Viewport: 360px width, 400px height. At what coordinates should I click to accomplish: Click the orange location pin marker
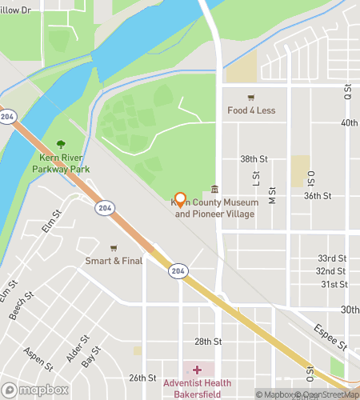pyautogui.click(x=180, y=200)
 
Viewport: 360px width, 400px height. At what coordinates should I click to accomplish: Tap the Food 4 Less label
pyautogui.click(x=251, y=110)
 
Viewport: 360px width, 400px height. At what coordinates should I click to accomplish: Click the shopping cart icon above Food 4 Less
pyautogui.click(x=251, y=97)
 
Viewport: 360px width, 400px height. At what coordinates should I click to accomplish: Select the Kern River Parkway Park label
pyautogui.click(x=61, y=163)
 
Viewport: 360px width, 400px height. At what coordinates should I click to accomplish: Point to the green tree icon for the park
pyautogui.click(x=61, y=145)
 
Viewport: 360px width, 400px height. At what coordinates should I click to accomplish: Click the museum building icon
pyautogui.click(x=214, y=190)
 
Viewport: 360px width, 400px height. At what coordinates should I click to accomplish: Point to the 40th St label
pyautogui.click(x=349, y=123)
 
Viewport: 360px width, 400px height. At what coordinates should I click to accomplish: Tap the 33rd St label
pyautogui.click(x=332, y=258)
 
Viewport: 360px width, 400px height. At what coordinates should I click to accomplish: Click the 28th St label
pyautogui.click(x=207, y=342)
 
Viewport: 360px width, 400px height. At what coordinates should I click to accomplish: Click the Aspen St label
pyautogui.click(x=40, y=361)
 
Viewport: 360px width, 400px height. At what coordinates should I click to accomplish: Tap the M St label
pyautogui.click(x=272, y=196)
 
